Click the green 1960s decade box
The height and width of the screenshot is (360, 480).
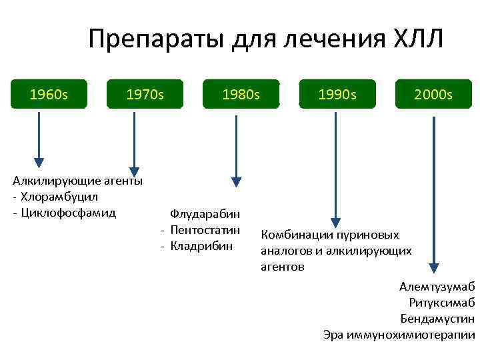49,95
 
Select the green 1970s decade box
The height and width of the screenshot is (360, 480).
145,95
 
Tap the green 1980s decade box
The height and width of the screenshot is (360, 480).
241,95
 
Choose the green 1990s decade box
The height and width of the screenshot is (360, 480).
337,95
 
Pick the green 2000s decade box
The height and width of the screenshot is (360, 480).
433,95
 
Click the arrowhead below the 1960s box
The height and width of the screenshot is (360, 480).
39,161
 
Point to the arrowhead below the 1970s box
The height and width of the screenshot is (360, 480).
135,171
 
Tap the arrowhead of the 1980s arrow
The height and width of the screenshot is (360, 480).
235,181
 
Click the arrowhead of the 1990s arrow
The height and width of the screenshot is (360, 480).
336,223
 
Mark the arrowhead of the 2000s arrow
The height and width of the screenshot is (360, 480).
434,268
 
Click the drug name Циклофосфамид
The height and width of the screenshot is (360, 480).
68,213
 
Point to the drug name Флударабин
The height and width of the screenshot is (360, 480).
205,214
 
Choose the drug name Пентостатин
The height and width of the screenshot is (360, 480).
205,230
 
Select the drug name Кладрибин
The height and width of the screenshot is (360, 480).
201,246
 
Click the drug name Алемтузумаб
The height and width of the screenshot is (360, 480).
437,287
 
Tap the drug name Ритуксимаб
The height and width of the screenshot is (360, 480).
442,303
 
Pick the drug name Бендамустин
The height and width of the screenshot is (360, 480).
437,319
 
